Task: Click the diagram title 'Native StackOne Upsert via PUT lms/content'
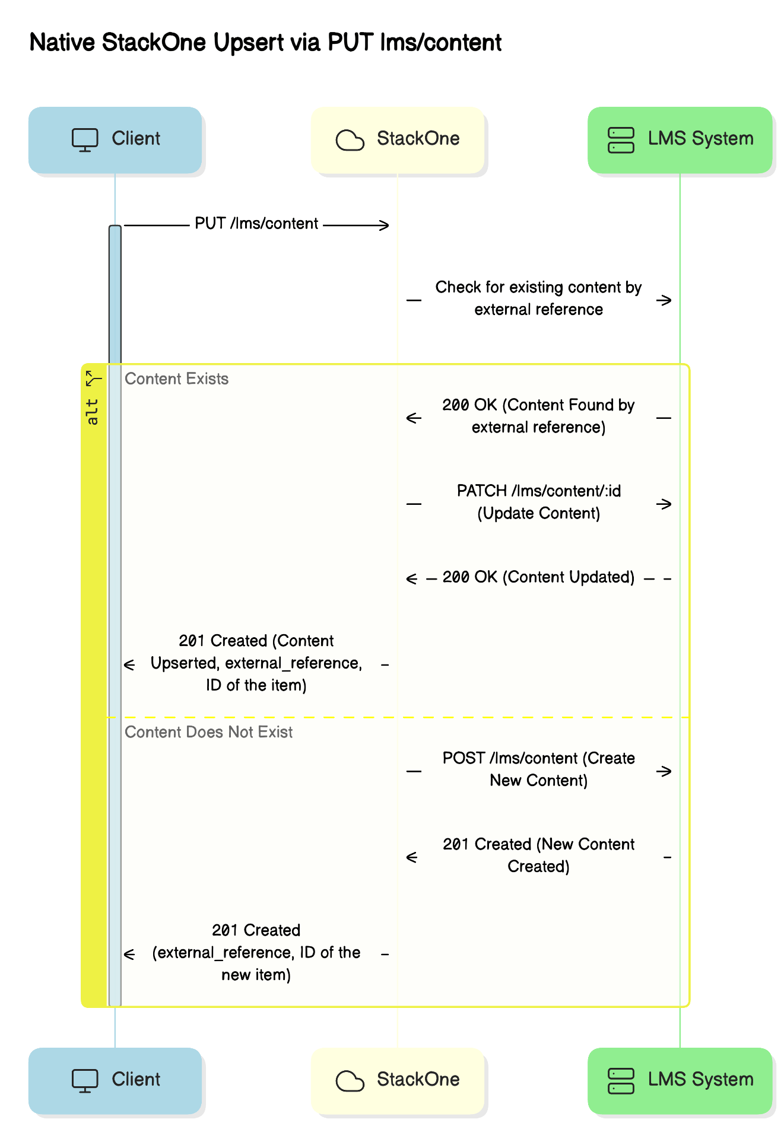click(x=265, y=43)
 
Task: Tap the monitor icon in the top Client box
click(x=85, y=140)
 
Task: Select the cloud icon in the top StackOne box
click(x=350, y=141)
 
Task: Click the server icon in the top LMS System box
click(x=621, y=141)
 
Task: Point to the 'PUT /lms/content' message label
click(x=256, y=224)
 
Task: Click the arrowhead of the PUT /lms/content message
click(x=385, y=225)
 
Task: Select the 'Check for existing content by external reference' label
click(x=538, y=298)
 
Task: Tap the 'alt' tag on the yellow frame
click(x=93, y=412)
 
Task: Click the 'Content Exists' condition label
click(x=176, y=379)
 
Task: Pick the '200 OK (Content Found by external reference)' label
click(x=538, y=416)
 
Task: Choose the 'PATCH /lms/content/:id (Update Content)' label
click(x=538, y=502)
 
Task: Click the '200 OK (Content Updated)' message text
click(x=538, y=577)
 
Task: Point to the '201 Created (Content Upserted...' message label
click(x=256, y=663)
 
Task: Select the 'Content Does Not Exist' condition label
click(x=208, y=732)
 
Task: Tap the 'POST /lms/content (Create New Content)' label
click(x=538, y=769)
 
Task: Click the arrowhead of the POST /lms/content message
click(x=666, y=771)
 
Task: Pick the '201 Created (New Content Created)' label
click(x=538, y=855)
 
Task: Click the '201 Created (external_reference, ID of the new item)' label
click(x=256, y=953)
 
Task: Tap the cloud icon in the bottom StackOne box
click(x=350, y=1082)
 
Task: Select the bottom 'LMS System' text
click(x=700, y=1080)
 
